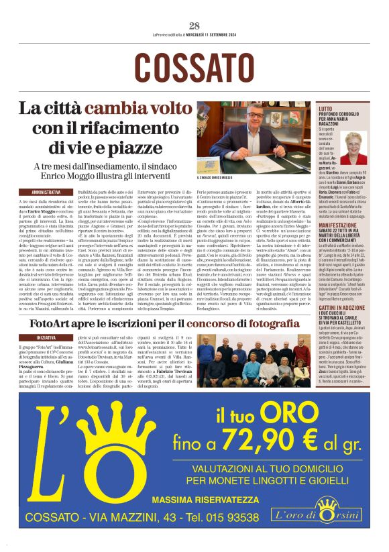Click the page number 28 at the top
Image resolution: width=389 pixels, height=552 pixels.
point(194,25)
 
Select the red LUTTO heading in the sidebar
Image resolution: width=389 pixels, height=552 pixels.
point(325,109)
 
